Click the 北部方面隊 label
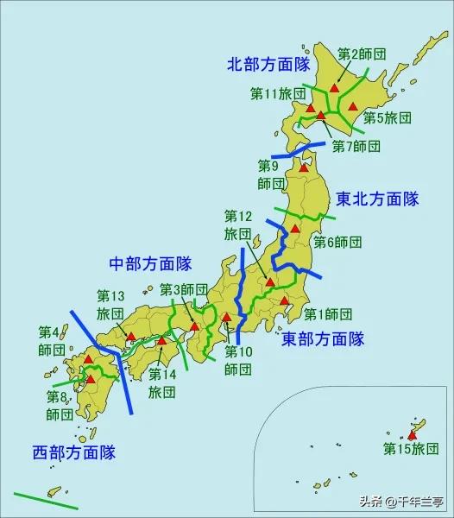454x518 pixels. [268, 65]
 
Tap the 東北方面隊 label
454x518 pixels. [377, 199]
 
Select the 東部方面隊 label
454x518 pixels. [324, 338]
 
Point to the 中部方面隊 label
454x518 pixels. [150, 263]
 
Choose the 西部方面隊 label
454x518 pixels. [74, 452]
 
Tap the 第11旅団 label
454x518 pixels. [278, 92]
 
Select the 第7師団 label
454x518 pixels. [356, 146]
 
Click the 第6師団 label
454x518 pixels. [337, 241]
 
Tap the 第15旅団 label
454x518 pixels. [411, 448]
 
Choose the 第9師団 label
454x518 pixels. [270, 174]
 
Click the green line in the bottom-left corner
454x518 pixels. [33, 498]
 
